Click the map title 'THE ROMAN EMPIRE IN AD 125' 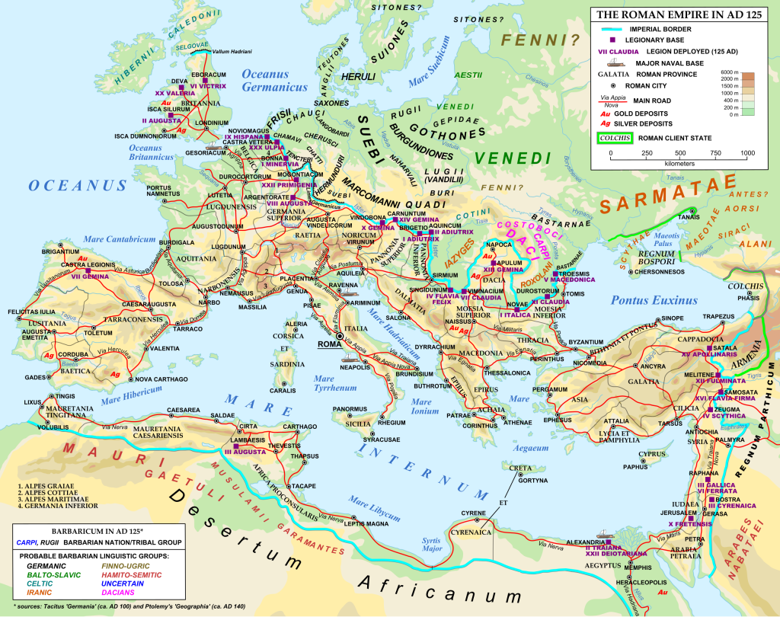680,14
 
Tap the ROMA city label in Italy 329,344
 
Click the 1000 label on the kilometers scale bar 746,153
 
